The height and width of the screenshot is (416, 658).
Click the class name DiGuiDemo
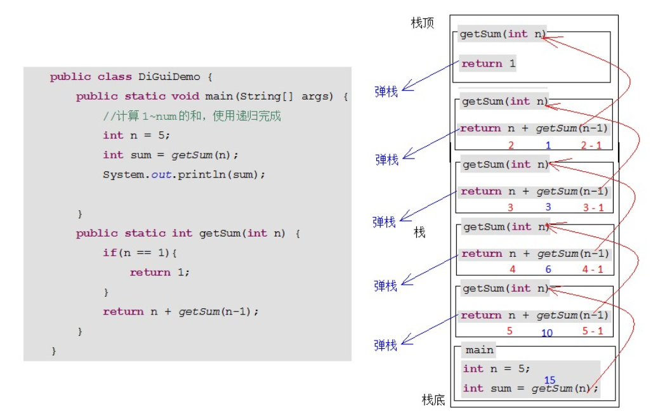coord(169,77)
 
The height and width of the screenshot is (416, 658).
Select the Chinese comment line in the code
coord(192,116)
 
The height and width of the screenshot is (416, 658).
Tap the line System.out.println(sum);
coord(184,174)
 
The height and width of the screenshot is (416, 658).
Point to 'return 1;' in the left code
coord(159,273)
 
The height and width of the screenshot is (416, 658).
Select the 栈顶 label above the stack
coord(422,23)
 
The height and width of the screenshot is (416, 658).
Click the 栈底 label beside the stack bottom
coord(433,400)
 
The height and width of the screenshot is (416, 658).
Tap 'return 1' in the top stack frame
coord(488,64)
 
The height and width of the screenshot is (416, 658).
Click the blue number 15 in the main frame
coord(549,380)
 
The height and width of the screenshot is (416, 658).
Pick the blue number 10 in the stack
coord(547,333)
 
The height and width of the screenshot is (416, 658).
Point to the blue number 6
coord(548,270)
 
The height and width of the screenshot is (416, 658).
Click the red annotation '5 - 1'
coord(593,331)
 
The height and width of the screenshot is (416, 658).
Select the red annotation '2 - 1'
coord(591,145)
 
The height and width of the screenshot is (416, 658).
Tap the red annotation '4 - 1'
coord(593,270)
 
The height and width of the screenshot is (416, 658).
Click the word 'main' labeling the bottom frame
coord(479,350)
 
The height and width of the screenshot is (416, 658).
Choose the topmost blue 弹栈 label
coord(386,91)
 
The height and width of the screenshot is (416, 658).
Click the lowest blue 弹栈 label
coord(385,345)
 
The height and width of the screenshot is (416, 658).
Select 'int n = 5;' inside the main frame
coord(496,368)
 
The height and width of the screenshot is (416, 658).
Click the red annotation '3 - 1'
coord(593,207)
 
